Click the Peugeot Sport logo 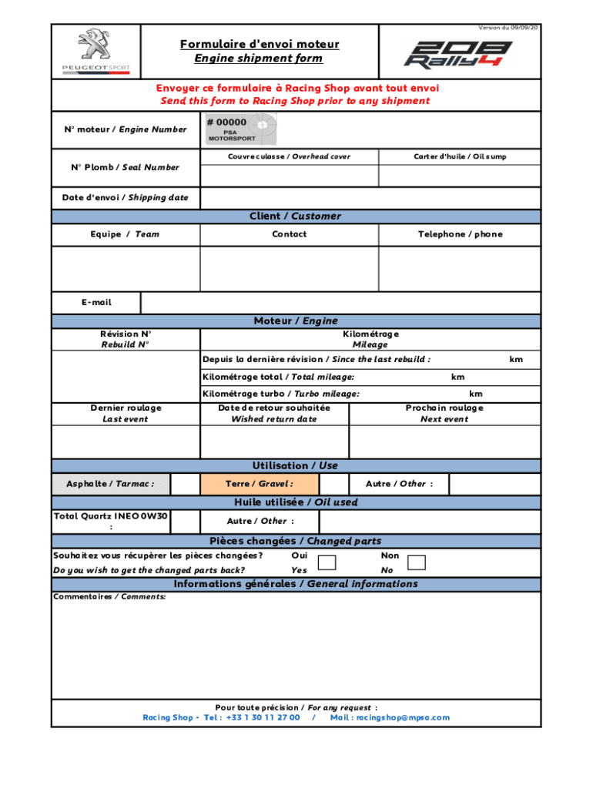coord(96,52)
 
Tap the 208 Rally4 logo coord(459,54)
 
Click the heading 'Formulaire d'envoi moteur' coord(259,44)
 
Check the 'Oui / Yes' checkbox coord(327,562)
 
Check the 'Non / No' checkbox coord(416,562)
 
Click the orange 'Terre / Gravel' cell coord(260,484)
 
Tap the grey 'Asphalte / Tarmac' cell coord(110,484)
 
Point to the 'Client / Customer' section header coord(295,217)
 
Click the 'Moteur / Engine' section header coord(295,321)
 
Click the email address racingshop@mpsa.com coord(402,717)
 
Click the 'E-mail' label coord(96,303)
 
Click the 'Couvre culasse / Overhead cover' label coord(289,156)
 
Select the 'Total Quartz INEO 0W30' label coord(110,516)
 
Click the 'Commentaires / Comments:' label coord(109,596)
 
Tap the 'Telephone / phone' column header coord(460,234)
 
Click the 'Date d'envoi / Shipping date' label coord(125,197)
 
